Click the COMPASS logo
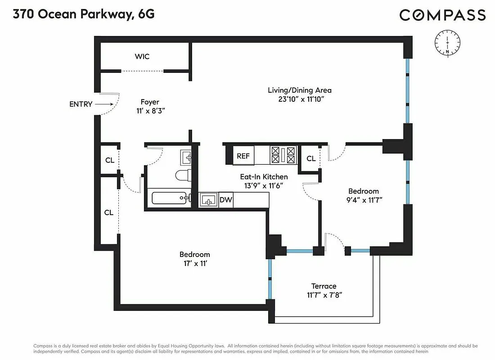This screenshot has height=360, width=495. click(442, 15)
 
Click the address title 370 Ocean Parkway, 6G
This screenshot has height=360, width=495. click(83, 14)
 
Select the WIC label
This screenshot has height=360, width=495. click(142, 57)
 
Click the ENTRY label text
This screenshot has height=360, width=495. click(81, 104)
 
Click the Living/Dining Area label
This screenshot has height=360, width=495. click(300, 90)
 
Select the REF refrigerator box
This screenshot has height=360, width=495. click(243, 156)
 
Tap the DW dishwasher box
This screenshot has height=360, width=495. click(225, 200)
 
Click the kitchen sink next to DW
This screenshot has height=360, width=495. click(208, 200)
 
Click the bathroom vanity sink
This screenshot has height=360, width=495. click(187, 157)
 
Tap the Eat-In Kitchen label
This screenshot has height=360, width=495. click(263, 177)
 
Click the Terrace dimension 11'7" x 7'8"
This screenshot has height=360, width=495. click(324, 295)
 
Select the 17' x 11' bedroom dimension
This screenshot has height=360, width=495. click(194, 263)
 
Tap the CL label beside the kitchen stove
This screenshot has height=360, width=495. click(310, 158)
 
